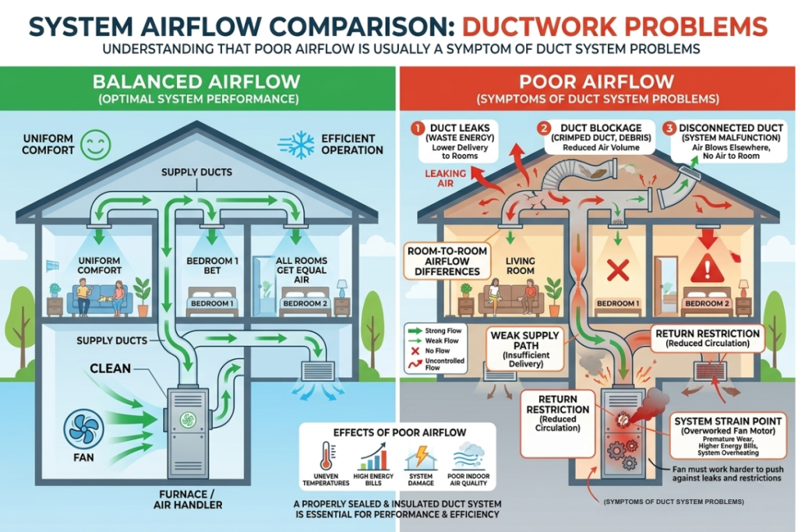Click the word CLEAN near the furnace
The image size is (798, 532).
tap(111, 368)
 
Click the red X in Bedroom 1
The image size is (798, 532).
tap(617, 271)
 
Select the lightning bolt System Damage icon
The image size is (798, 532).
tap(422, 455)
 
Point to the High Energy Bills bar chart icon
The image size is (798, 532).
tap(375, 455)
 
